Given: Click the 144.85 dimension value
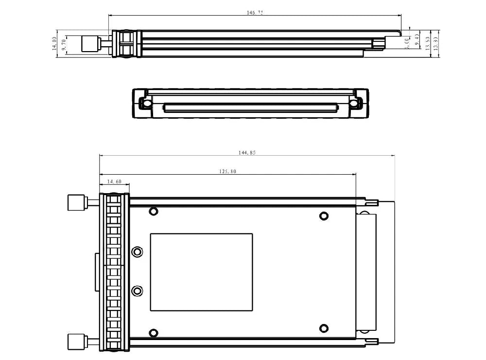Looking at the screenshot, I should click(x=247, y=152).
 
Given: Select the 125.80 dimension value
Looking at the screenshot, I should click(x=227, y=171).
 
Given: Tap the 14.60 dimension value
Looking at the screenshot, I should click(x=114, y=181).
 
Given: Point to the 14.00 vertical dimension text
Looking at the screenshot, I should click(x=55, y=44).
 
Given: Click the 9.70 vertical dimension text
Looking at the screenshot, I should click(x=64, y=45).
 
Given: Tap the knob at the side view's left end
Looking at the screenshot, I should click(x=89, y=44).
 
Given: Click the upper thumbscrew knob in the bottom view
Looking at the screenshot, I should click(x=75, y=202).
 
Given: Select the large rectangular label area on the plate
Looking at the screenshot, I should click(x=202, y=272).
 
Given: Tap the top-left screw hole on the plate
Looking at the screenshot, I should click(x=154, y=211).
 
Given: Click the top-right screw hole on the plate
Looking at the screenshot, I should click(x=323, y=216).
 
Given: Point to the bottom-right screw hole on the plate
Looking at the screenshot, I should click(x=323, y=328).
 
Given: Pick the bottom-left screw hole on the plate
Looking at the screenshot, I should click(x=154, y=333).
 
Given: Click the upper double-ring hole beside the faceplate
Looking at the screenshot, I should click(x=138, y=252).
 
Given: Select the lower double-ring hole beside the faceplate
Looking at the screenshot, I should click(x=138, y=291).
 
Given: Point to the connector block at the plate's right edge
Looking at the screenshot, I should click(x=366, y=272).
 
